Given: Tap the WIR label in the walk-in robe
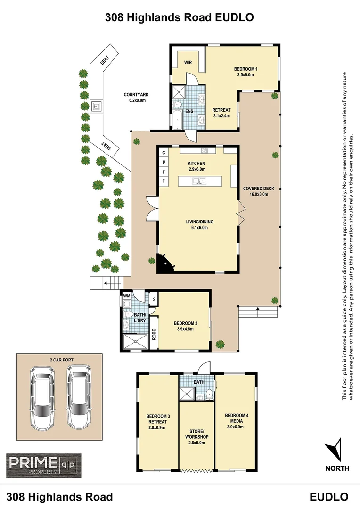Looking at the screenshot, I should click(187, 62).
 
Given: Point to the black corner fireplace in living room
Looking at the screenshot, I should click(166, 262).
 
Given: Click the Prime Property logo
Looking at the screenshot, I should click(43, 465).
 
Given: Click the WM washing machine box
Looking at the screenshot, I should click(126, 297).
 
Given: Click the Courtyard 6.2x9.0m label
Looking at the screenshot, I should click(134, 97).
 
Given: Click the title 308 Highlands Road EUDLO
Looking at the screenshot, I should click(180, 17).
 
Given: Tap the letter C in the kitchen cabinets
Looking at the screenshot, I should click(164, 153).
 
